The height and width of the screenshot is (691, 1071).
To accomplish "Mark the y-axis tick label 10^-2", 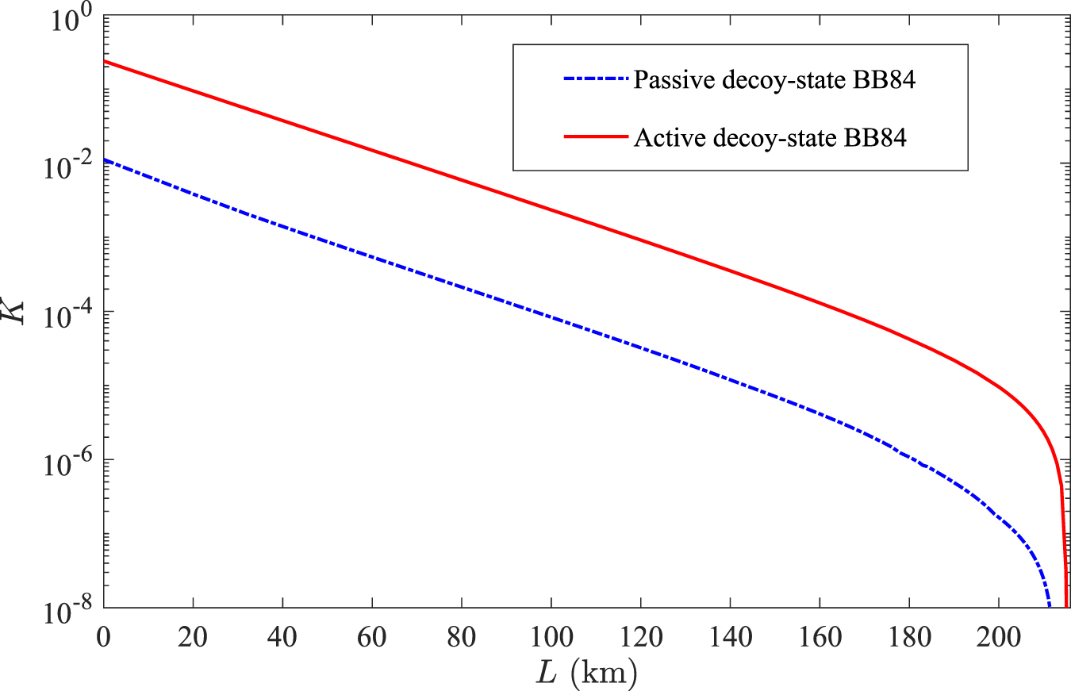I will point(70,167).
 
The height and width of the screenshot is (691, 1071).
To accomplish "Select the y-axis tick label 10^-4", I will point(70,314).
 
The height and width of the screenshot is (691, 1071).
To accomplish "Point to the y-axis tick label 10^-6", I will point(70,462).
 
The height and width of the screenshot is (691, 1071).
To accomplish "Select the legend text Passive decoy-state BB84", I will point(776,80).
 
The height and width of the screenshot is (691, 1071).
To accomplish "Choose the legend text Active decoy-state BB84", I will point(770,138).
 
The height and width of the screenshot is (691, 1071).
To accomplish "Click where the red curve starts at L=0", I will point(105,62).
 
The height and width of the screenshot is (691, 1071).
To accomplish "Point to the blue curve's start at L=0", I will point(105,160).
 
